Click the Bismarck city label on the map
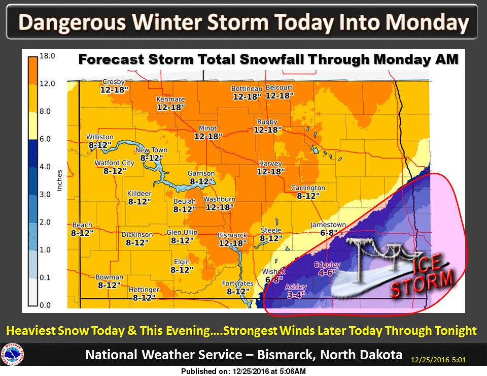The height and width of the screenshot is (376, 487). pos(232,235)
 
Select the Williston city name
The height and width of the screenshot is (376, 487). pos(99,137)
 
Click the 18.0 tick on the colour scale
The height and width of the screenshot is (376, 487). pos(47,55)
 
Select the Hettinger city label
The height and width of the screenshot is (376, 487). pos(144,290)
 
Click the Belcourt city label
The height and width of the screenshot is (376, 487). pos(279,87)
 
